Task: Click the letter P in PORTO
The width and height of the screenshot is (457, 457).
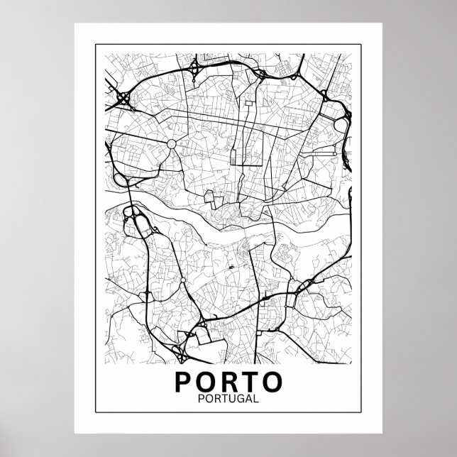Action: pos(183,381)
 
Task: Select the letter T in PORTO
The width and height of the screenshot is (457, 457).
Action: pos(248,381)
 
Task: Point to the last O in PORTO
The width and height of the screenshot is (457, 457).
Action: pos(271,381)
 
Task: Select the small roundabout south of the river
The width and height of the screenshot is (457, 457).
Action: pos(183,281)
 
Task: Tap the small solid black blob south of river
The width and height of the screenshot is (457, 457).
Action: pos(231,268)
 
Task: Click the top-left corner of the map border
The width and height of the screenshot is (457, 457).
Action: pos(94,45)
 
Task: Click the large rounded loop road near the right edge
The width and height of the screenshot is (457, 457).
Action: pos(341,124)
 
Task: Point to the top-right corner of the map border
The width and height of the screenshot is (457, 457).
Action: pos(362,45)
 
